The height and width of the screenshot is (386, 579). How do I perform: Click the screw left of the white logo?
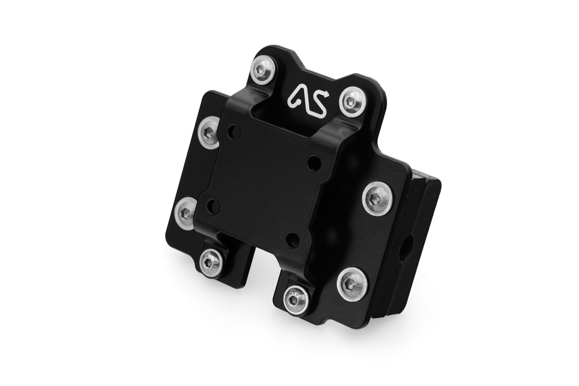tap(263, 70)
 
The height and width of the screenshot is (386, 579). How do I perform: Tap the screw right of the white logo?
tap(353, 102)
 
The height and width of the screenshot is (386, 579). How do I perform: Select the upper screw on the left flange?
tap(210, 133)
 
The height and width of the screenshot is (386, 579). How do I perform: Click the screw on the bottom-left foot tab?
tap(211, 262)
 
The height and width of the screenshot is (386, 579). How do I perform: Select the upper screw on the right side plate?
tap(377, 199)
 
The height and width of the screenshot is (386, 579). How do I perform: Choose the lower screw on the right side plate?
tap(352, 284)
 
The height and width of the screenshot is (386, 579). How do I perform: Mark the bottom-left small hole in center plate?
tap(213, 206)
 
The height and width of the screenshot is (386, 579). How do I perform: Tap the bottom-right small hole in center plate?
tap(292, 240)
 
